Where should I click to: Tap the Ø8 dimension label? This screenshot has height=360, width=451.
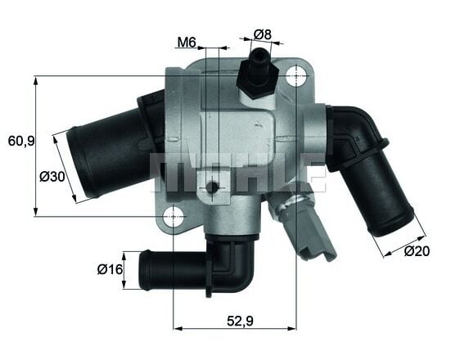click(262, 34)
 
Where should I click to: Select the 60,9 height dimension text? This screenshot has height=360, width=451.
click(20, 141)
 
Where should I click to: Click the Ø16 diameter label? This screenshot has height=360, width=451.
click(109, 269)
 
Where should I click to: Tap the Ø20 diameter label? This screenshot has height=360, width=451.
click(417, 251)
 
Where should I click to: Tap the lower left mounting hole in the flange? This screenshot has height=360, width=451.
click(174, 217)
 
